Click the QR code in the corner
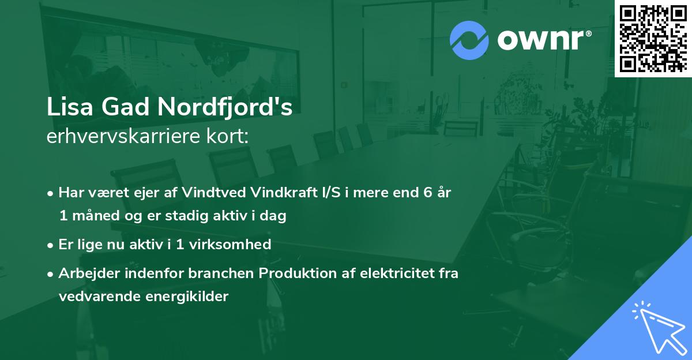tap(653, 38)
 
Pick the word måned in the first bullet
tap(92, 216)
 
